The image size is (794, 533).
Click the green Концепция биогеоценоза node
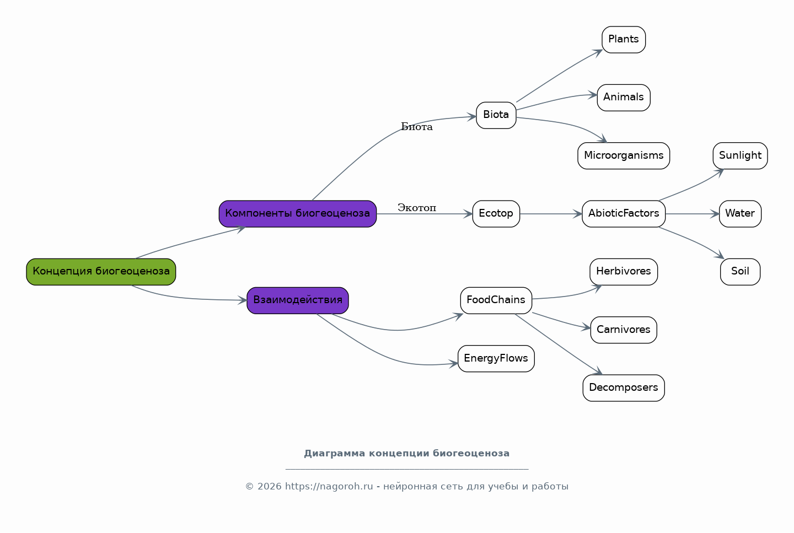pyautogui.click(x=101, y=272)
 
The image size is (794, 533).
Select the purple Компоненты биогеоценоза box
pyautogui.click(x=298, y=214)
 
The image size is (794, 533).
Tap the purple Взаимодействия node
pyautogui.click(x=298, y=300)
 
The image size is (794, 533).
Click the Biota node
pyautogui.click(x=496, y=115)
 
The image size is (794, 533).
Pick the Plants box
pyautogui.click(x=624, y=40)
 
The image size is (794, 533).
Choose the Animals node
pyautogui.click(x=624, y=98)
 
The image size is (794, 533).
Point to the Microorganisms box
pyautogui.click(x=624, y=155)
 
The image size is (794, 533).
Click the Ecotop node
pyautogui.click(x=496, y=214)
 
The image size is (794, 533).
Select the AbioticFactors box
pyautogui.click(x=624, y=214)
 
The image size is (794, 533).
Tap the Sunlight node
pyautogui.click(x=740, y=155)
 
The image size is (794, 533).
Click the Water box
pyautogui.click(x=740, y=214)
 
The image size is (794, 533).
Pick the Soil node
pyautogui.click(x=740, y=272)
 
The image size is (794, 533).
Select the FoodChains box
pyautogui.click(x=496, y=300)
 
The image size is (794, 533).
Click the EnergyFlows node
pyautogui.click(x=496, y=359)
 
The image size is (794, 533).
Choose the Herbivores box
pyautogui.click(x=624, y=272)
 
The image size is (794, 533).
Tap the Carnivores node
pyautogui.click(x=624, y=330)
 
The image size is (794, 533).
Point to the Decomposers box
pyautogui.click(x=624, y=388)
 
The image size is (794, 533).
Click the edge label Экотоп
pyautogui.click(x=417, y=208)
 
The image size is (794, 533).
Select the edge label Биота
pyautogui.click(x=417, y=127)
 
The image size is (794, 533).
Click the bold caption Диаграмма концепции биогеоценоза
pyautogui.click(x=406, y=453)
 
